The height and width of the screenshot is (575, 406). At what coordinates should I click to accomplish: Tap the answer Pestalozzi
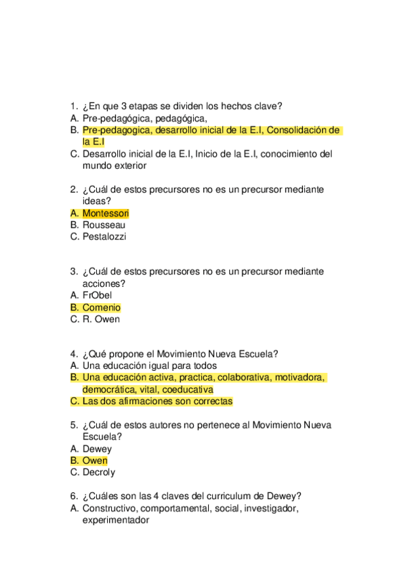(x=104, y=237)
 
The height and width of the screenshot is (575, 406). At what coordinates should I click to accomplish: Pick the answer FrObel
(x=97, y=296)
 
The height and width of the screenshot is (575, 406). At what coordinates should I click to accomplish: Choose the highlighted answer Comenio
(x=101, y=308)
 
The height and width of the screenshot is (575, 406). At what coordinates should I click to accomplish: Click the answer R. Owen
(x=101, y=319)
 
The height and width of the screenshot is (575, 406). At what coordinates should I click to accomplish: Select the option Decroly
(x=99, y=473)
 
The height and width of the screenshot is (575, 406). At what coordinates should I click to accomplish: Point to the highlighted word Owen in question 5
(x=95, y=461)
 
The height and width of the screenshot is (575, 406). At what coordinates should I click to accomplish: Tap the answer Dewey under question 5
(x=97, y=449)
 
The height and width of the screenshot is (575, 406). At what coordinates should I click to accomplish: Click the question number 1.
(x=73, y=106)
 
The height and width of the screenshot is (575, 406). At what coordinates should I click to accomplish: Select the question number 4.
(x=73, y=354)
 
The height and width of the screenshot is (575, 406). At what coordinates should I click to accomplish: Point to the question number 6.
(x=73, y=496)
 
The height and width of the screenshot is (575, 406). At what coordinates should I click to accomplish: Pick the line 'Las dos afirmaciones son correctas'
(x=157, y=401)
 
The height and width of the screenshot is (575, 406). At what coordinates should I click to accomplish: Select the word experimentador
(x=115, y=520)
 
